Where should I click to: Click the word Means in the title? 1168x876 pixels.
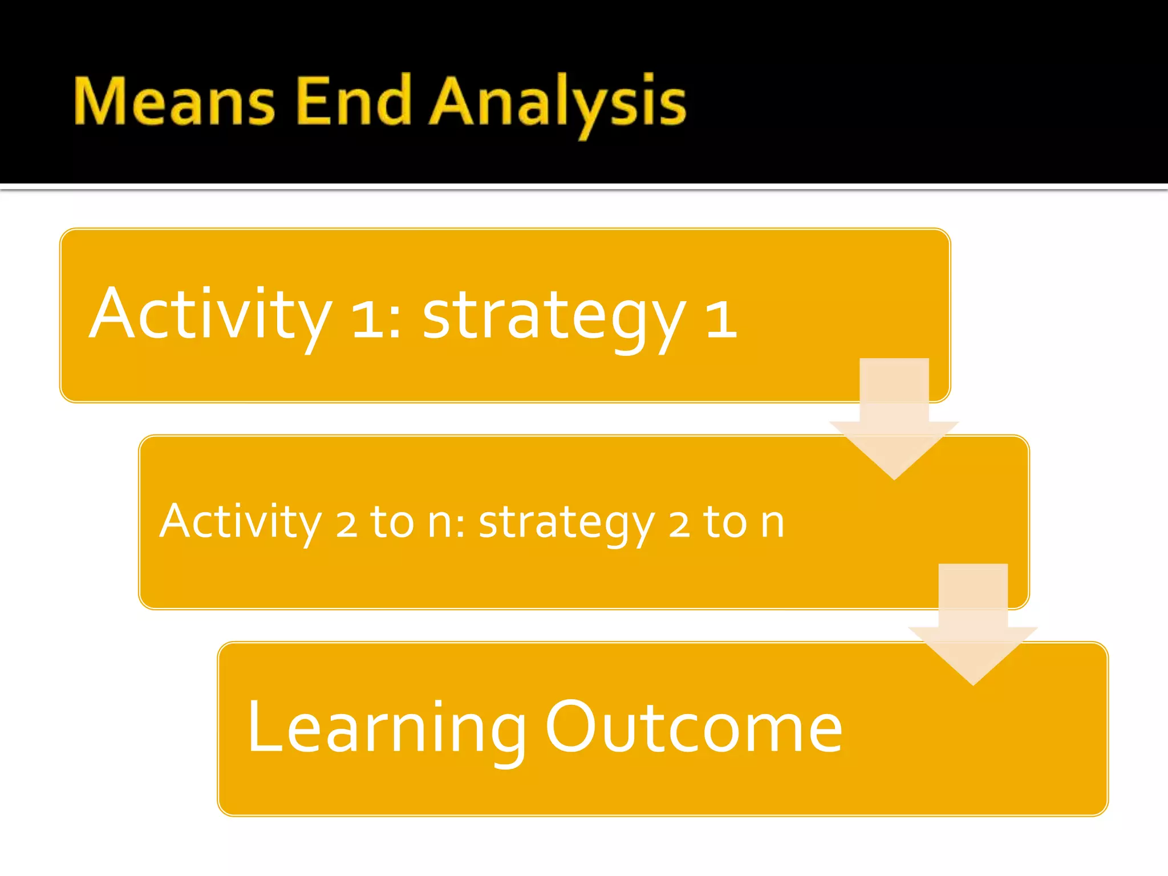pyautogui.click(x=174, y=102)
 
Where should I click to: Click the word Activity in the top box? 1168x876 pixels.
pyautogui.click(x=210, y=315)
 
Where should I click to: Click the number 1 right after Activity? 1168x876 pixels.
pyautogui.click(x=368, y=319)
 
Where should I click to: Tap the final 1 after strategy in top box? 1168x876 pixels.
pyautogui.click(x=721, y=319)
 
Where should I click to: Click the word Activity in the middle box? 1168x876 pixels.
pyautogui.click(x=241, y=522)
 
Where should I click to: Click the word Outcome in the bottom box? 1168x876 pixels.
pyautogui.click(x=693, y=728)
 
